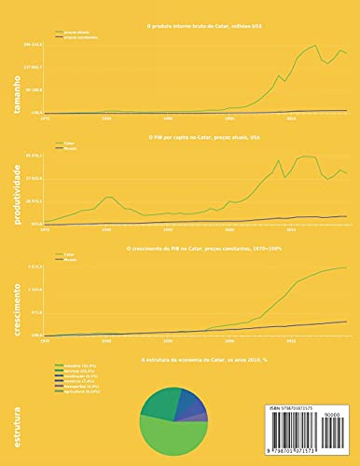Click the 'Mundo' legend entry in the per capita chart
[x=69, y=147]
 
